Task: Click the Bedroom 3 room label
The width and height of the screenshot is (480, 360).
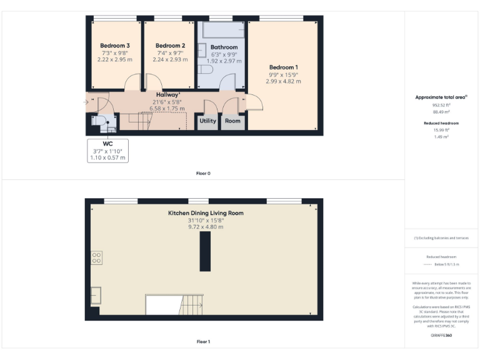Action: pos(115,46)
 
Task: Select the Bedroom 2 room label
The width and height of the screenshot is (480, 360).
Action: pos(170,46)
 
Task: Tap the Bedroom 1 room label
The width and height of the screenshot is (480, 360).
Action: pos(283,67)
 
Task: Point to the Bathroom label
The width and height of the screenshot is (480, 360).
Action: pos(224,47)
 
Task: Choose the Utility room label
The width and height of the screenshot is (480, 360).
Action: pos(207,121)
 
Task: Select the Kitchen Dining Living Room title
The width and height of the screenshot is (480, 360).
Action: pos(206,213)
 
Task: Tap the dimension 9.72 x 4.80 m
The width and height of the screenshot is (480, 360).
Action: pos(206,227)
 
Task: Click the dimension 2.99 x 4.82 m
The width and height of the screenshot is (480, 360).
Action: pos(283,81)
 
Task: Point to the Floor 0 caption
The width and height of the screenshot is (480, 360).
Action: pos(204,173)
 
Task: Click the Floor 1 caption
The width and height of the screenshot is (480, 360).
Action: pos(204,342)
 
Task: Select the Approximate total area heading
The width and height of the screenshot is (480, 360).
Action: pos(442,97)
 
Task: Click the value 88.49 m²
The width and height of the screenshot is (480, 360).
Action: pos(442,112)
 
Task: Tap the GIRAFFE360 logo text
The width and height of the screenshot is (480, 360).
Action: pos(441,336)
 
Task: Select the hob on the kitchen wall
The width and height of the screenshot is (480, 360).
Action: pos(97,257)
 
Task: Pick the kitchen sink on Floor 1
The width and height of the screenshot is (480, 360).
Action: pos(96,294)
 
